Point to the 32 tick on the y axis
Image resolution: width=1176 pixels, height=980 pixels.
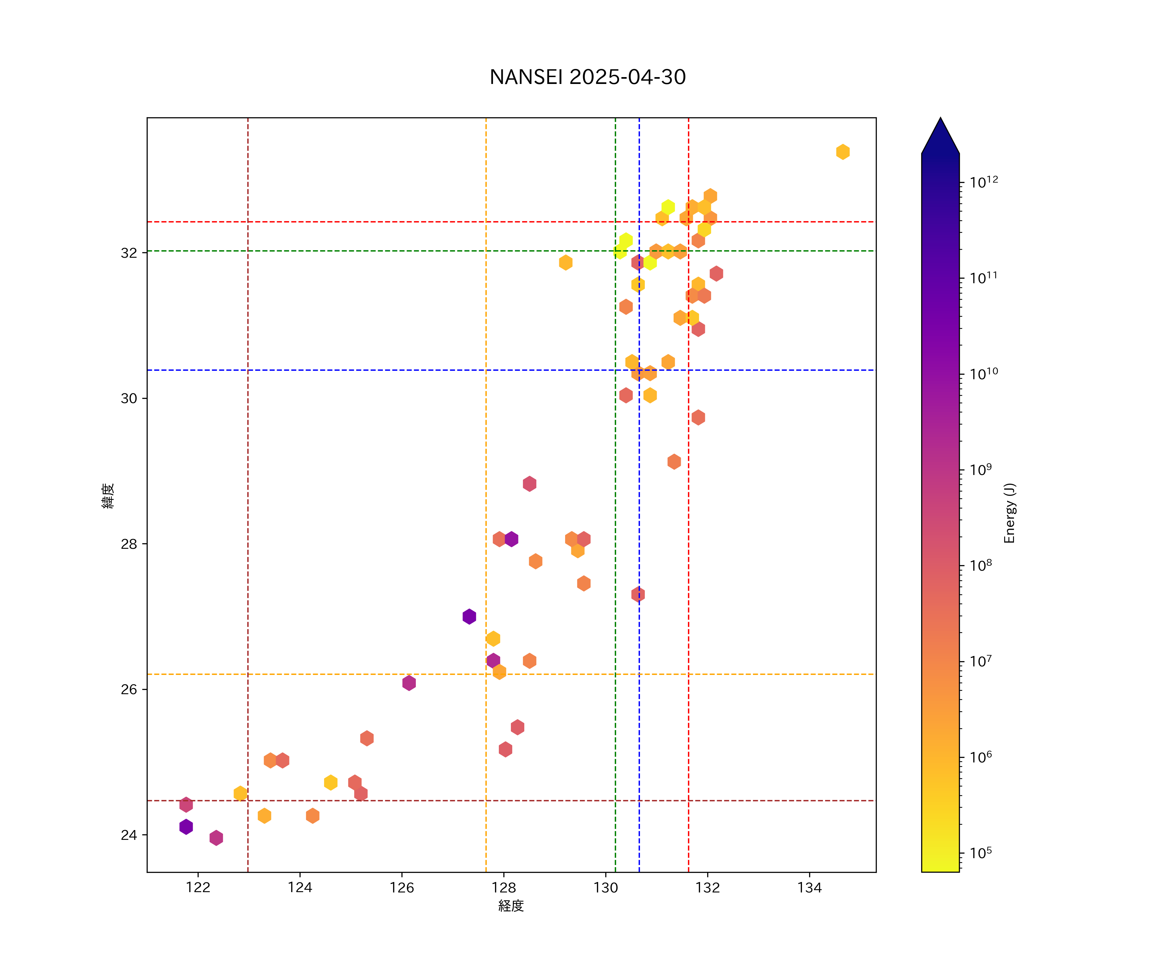tap(129, 253)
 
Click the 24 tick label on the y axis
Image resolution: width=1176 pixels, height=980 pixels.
tap(129, 835)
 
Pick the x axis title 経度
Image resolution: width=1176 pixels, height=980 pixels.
tap(511, 906)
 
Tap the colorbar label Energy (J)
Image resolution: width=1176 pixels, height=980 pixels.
tap(1009, 513)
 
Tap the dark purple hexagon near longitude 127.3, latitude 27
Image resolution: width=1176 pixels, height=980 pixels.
tap(469, 616)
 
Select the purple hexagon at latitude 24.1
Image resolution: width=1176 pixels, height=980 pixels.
tap(186, 826)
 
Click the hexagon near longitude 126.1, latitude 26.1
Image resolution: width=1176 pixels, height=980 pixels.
tap(409, 683)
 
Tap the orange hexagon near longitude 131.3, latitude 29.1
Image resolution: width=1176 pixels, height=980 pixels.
tap(674, 462)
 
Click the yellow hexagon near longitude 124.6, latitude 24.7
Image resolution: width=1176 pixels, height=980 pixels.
tap(330, 782)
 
